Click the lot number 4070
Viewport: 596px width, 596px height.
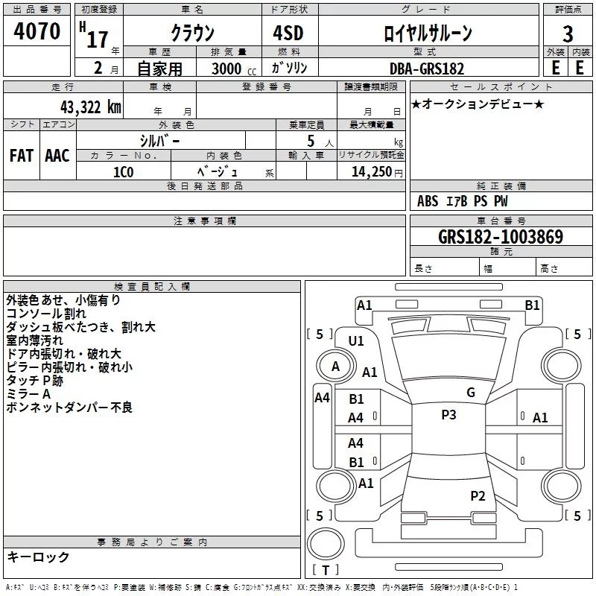(37, 31)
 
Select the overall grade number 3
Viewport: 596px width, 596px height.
(568, 34)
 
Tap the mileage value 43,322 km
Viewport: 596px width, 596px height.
(90, 107)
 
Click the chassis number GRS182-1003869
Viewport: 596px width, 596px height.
(501, 237)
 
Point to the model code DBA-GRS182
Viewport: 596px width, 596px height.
(427, 69)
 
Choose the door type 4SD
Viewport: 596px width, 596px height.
(288, 33)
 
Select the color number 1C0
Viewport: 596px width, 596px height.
(124, 172)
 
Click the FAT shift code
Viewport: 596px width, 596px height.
(22, 156)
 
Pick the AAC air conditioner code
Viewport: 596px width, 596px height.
(57, 156)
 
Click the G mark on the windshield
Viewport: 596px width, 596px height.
(471, 393)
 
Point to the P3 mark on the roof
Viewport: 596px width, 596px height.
(448, 415)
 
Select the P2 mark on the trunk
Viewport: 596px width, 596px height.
(478, 496)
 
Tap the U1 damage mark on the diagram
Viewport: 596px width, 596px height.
(356, 341)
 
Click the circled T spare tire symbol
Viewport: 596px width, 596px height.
(326, 545)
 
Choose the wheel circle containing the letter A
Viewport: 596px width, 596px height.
(336, 367)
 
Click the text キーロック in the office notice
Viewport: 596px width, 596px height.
(38, 557)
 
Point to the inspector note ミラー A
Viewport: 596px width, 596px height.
(28, 394)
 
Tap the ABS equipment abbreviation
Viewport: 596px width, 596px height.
(428, 201)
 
